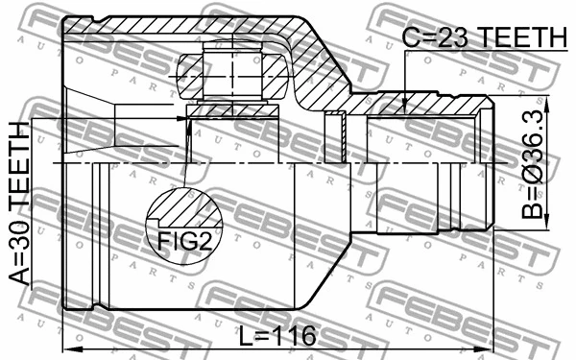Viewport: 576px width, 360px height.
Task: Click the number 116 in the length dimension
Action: pos(294,338)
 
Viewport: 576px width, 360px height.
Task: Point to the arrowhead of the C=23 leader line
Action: pos(405,111)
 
